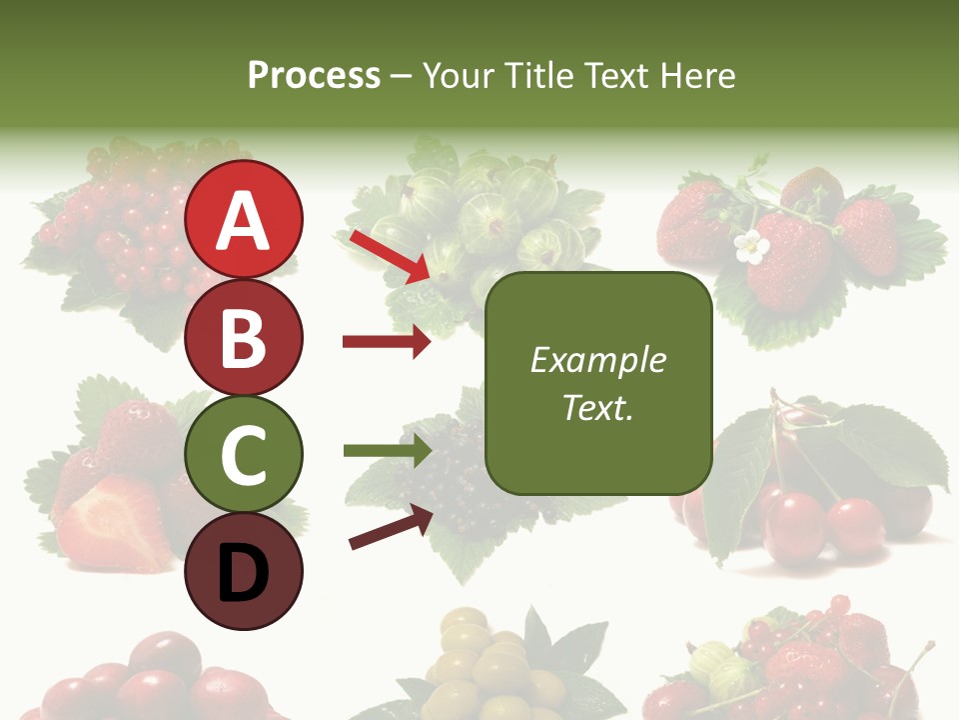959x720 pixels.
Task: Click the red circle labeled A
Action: tap(244, 220)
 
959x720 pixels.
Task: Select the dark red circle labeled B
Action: tap(244, 337)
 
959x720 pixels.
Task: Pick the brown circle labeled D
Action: tap(244, 571)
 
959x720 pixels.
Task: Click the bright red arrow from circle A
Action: tap(390, 254)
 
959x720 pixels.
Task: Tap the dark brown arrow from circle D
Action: tap(391, 528)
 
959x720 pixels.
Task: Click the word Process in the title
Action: tap(314, 76)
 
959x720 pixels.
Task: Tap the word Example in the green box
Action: tap(597, 360)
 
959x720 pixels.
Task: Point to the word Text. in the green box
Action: tap(597, 407)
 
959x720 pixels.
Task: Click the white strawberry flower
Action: tap(750, 246)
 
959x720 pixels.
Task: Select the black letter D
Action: tap(244, 573)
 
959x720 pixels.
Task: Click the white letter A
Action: tap(244, 221)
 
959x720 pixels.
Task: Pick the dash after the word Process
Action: tap(401, 76)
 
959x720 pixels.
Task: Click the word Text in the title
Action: tap(616, 76)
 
